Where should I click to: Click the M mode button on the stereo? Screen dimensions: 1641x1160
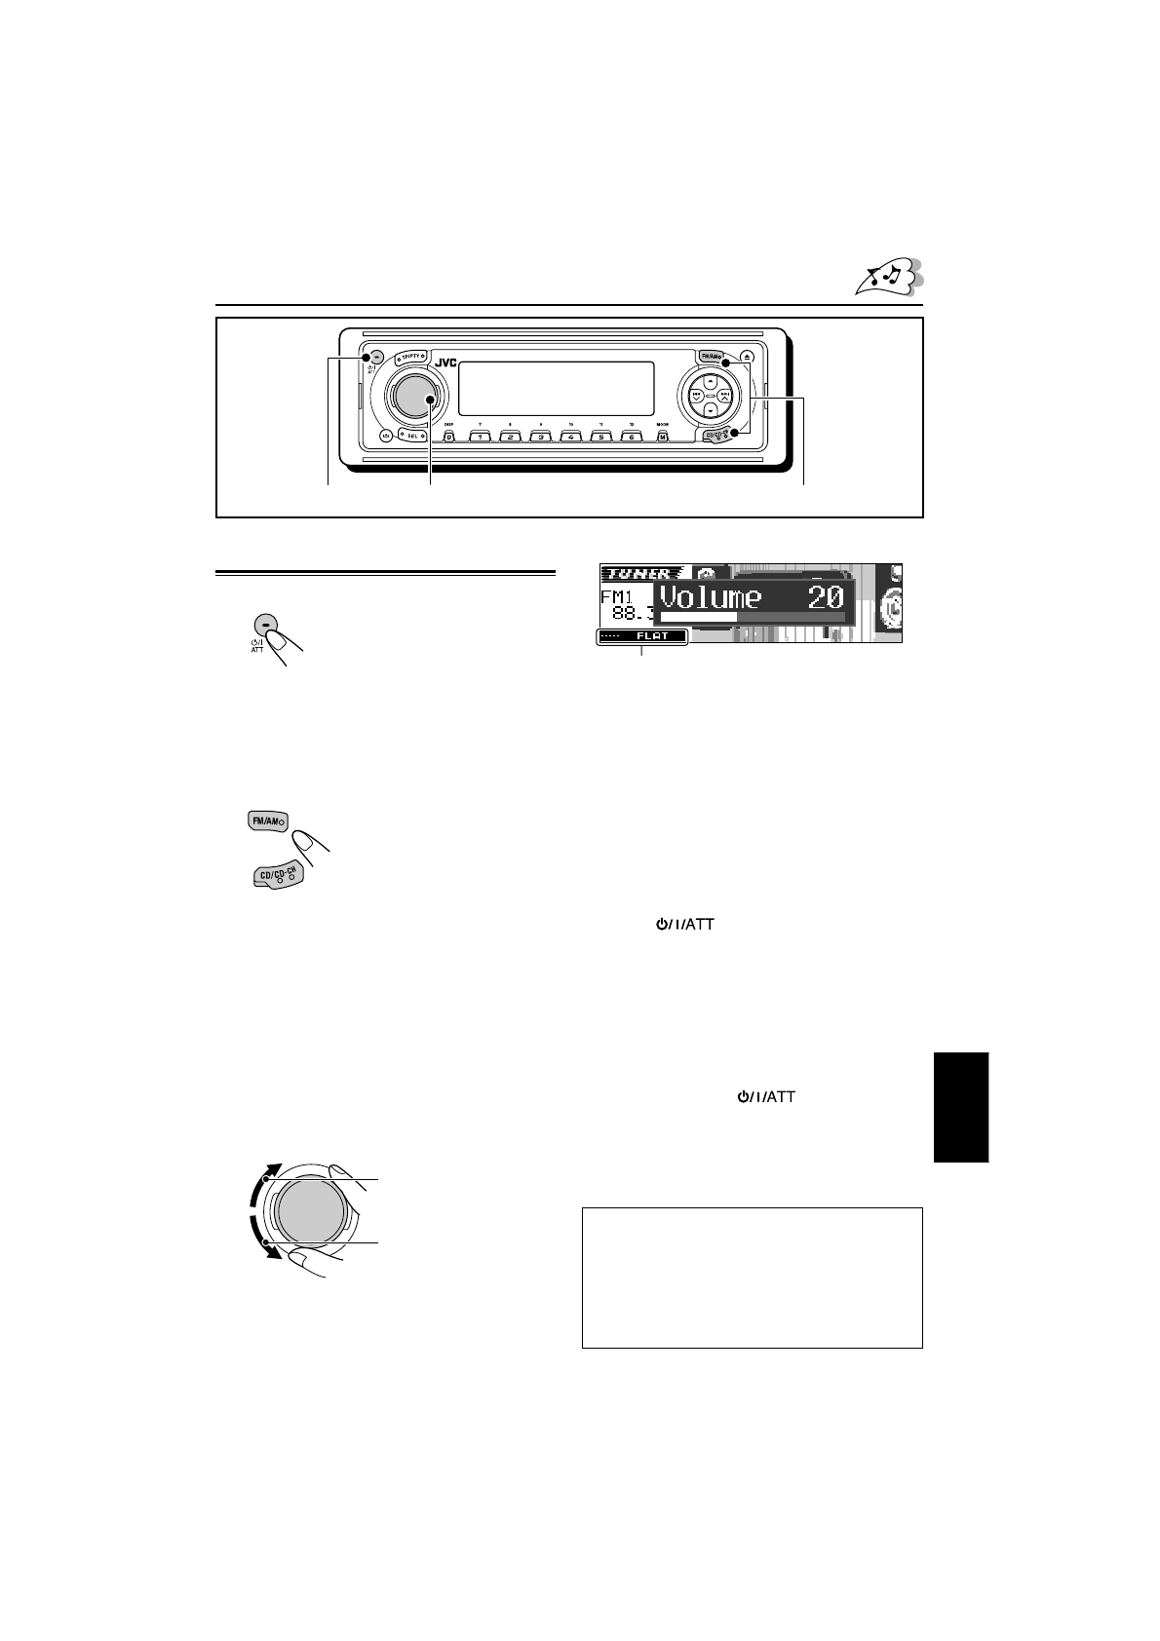tap(662, 437)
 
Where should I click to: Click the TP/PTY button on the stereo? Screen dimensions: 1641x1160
tap(417, 357)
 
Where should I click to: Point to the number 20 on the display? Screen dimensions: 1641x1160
tap(825, 596)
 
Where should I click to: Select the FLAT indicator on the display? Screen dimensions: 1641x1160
tap(651, 637)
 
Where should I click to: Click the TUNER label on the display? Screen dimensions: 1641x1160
tap(635, 573)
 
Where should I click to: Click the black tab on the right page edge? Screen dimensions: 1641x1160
tap(961, 1107)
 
